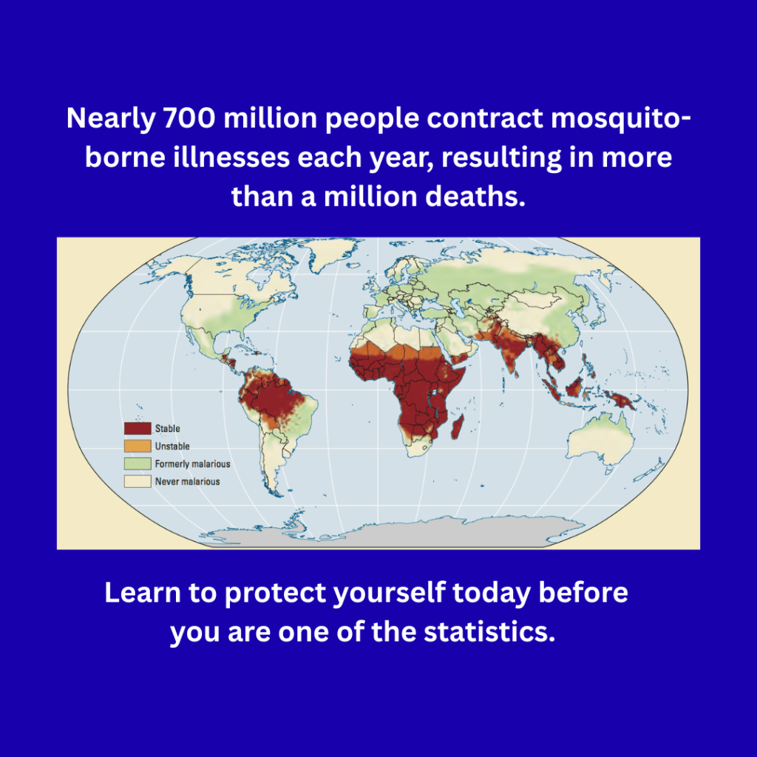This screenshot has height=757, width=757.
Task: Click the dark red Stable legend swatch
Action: click(x=138, y=429)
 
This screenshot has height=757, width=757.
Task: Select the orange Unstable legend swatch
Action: click(x=138, y=447)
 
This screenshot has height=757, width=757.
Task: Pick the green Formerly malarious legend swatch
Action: click(x=138, y=464)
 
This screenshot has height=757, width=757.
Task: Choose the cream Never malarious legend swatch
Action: click(x=138, y=482)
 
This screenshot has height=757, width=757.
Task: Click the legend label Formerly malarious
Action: click(x=192, y=464)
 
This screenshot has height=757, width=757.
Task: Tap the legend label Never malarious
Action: click(x=187, y=482)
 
